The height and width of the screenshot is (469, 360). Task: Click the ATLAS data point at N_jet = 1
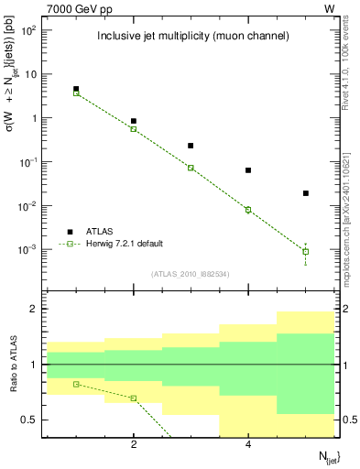coord(76,89)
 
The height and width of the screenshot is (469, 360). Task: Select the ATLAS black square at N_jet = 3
coord(191,146)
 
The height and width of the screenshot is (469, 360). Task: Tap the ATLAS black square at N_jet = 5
coord(306,193)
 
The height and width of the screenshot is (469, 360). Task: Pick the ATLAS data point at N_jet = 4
coord(248,170)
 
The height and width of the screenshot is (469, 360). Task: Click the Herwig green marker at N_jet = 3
coord(191,168)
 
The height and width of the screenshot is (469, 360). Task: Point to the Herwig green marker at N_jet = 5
coord(306,251)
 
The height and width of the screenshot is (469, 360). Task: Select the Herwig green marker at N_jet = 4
coord(248,210)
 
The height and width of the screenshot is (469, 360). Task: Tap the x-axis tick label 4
coord(248,445)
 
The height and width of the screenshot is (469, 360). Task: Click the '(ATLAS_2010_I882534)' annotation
coord(191,272)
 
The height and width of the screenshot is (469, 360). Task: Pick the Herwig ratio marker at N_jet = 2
coord(134,398)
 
